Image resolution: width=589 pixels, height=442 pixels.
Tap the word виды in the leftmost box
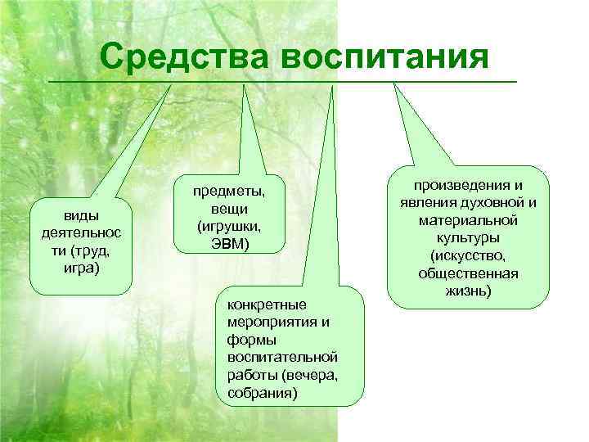coord(80,215)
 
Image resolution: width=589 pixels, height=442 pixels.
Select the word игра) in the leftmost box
coord(80,267)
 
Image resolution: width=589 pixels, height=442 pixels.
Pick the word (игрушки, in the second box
coord(228,225)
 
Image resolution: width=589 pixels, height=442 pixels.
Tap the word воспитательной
coord(277,358)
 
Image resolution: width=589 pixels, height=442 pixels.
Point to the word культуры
coord(470,238)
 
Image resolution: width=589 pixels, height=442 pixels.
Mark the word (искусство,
coord(470,256)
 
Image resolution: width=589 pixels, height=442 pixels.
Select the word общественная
coord(470,274)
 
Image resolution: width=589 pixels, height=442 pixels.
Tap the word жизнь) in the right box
coord(470,291)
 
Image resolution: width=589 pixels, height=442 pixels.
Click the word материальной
coord(470,221)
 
